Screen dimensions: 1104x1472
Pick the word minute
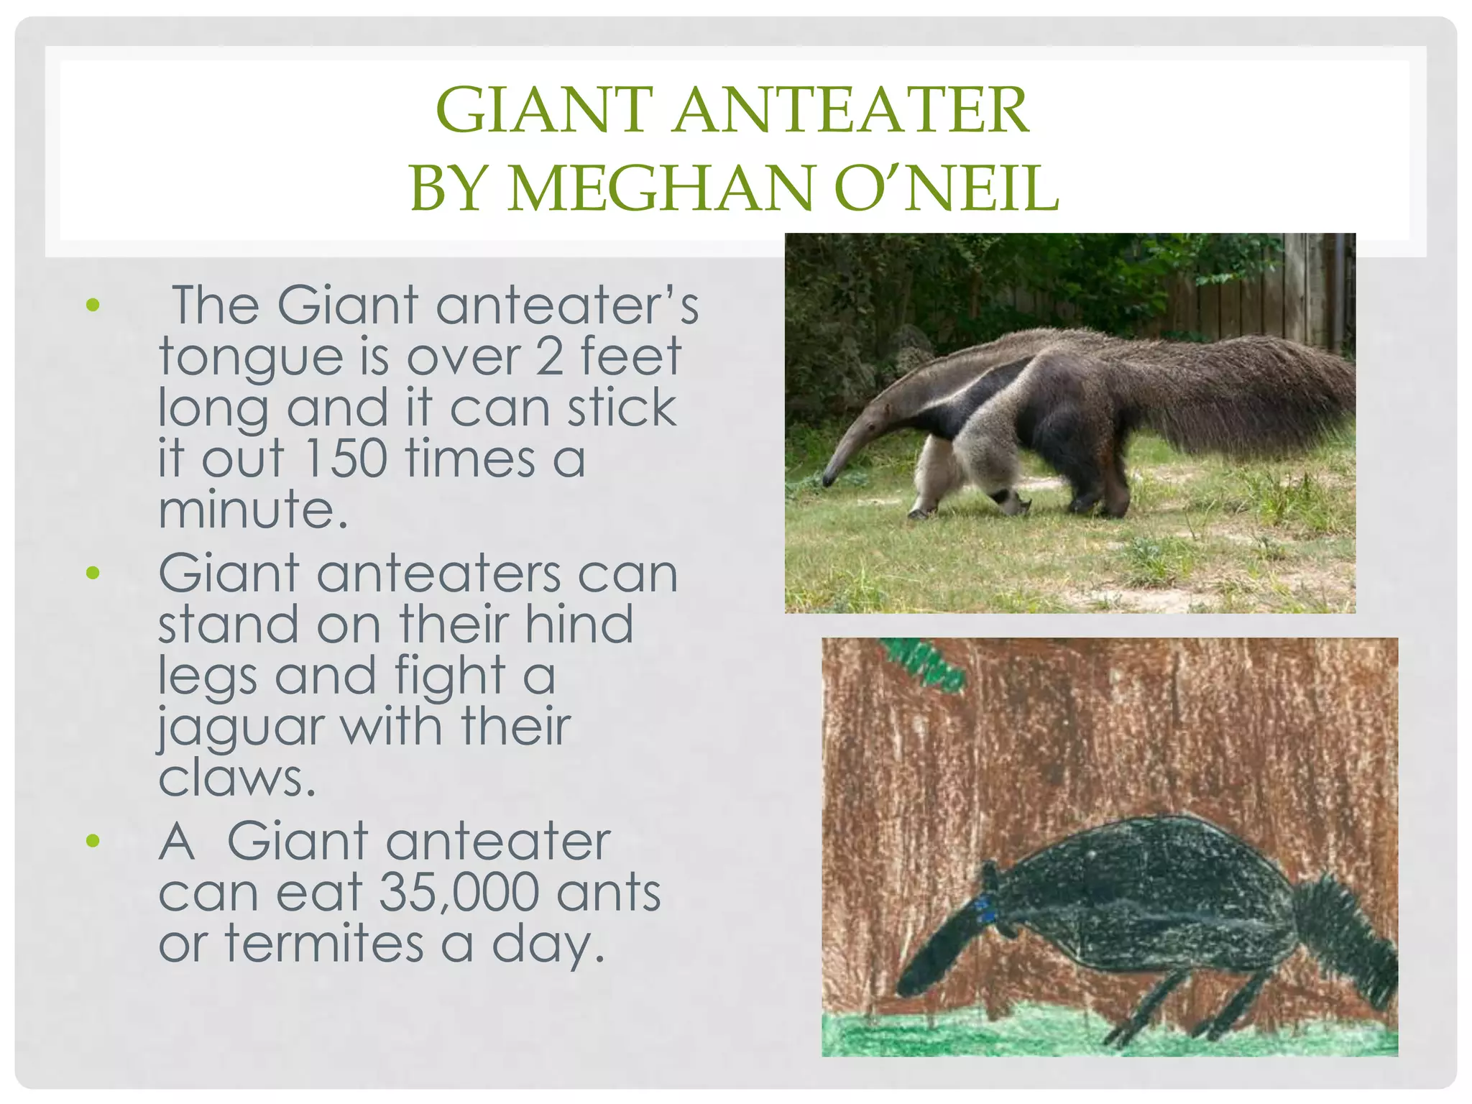252,510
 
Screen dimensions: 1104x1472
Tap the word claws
237,778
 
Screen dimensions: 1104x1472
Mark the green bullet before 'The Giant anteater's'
93,305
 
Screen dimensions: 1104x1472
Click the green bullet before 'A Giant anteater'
93,840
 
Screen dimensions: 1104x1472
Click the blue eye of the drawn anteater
986,911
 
